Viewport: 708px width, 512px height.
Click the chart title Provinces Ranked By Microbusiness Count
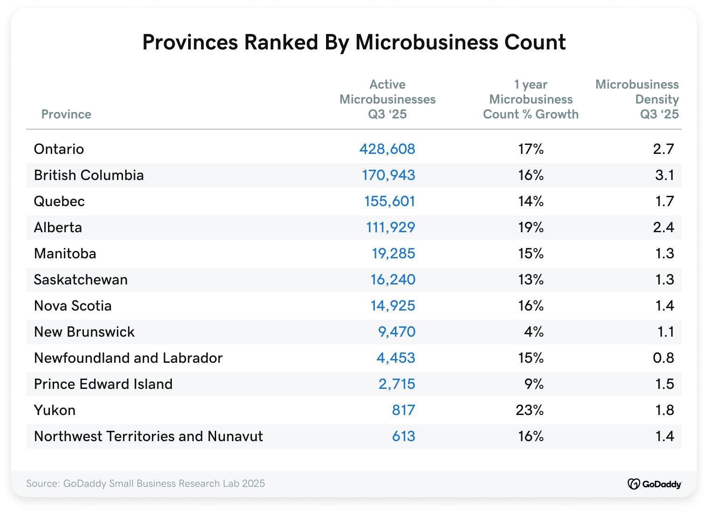click(x=354, y=42)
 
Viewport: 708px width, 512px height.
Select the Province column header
click(x=66, y=114)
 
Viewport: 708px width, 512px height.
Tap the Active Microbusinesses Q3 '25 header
click(x=388, y=99)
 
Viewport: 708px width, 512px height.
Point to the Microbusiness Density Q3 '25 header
click(x=637, y=99)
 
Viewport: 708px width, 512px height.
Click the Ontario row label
click(x=59, y=149)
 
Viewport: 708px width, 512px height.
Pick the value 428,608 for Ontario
click(x=387, y=149)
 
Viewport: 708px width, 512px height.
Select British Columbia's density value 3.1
click(x=665, y=175)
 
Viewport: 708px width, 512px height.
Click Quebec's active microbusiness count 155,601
click(x=389, y=201)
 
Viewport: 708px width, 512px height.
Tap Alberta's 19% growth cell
click(x=531, y=228)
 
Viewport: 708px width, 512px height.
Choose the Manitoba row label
click(x=65, y=254)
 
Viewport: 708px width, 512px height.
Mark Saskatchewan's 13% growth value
click(x=531, y=280)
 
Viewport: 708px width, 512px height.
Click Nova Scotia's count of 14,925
click(x=393, y=306)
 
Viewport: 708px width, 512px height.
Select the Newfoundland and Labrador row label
click(x=128, y=358)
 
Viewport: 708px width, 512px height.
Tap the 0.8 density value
click(x=663, y=358)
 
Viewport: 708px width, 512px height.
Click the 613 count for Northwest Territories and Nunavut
click(x=403, y=436)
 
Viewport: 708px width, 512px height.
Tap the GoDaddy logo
click(x=654, y=484)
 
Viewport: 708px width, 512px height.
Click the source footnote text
click(x=145, y=484)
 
